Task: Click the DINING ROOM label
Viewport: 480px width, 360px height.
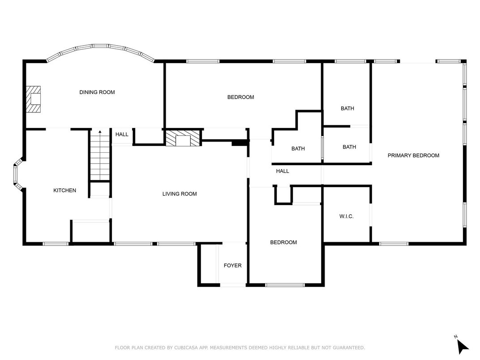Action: click(97, 92)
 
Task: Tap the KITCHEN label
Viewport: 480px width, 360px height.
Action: click(64, 190)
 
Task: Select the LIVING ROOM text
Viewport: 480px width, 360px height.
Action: click(180, 194)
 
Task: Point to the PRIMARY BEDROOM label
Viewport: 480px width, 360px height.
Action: click(413, 155)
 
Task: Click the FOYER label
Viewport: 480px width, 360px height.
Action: click(232, 266)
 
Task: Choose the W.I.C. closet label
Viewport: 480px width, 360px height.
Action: click(346, 216)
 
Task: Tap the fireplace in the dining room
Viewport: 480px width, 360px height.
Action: click(34, 99)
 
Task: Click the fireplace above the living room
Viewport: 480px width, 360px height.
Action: click(183, 138)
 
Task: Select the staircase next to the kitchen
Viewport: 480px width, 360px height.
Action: click(100, 155)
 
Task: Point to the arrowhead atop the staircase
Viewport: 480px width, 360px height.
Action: click(100, 132)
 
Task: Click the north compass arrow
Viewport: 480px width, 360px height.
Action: click(462, 346)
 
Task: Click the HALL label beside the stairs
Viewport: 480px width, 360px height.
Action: click(122, 134)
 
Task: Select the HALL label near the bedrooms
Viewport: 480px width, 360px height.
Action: click(282, 171)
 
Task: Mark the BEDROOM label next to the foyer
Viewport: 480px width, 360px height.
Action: click(283, 242)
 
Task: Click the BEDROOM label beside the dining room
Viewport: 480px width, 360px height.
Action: click(240, 97)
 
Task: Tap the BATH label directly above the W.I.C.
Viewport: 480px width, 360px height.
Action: click(349, 147)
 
